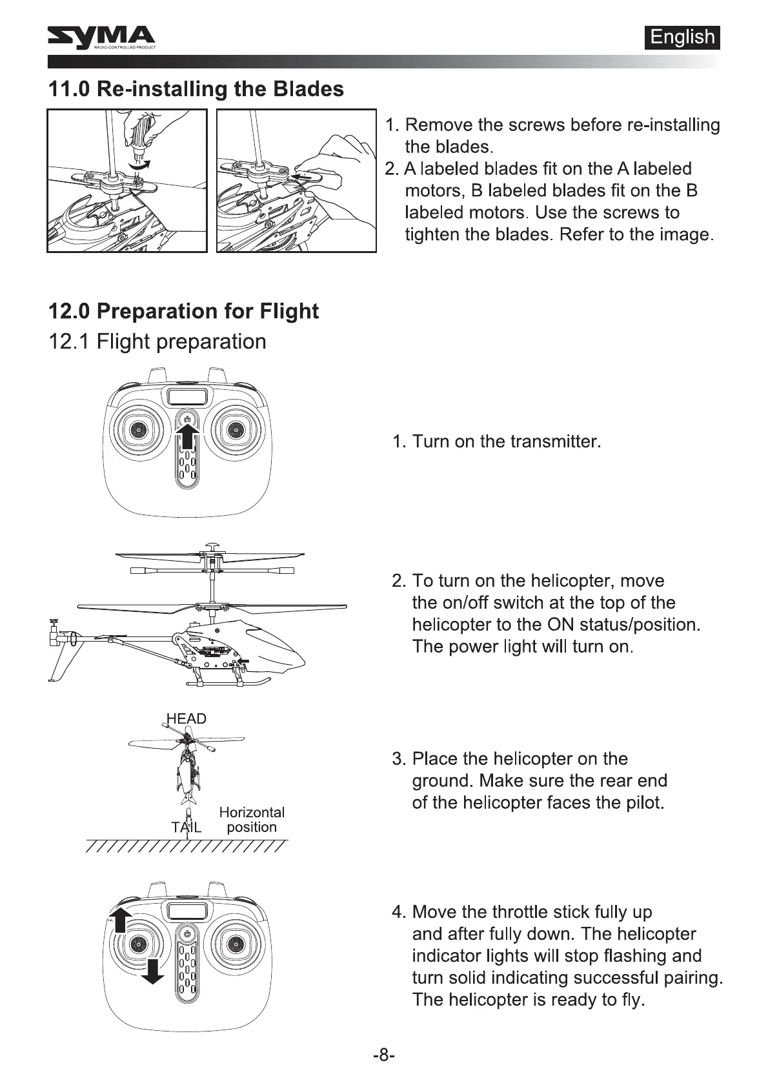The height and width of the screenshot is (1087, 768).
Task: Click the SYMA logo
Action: click(101, 38)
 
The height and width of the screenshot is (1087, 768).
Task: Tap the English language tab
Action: click(682, 37)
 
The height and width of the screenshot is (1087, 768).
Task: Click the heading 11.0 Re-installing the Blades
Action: click(196, 88)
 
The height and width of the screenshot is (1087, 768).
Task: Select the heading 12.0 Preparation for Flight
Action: click(183, 311)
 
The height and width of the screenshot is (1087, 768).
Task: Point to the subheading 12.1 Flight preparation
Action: click(157, 341)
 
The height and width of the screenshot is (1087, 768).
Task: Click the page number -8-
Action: click(383, 1055)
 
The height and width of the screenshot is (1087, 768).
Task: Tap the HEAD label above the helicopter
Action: click(186, 719)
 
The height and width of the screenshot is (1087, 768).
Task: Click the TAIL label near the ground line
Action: click(186, 827)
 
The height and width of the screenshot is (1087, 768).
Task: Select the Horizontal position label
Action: click(252, 820)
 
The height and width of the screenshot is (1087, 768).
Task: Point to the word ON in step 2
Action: click(560, 625)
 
